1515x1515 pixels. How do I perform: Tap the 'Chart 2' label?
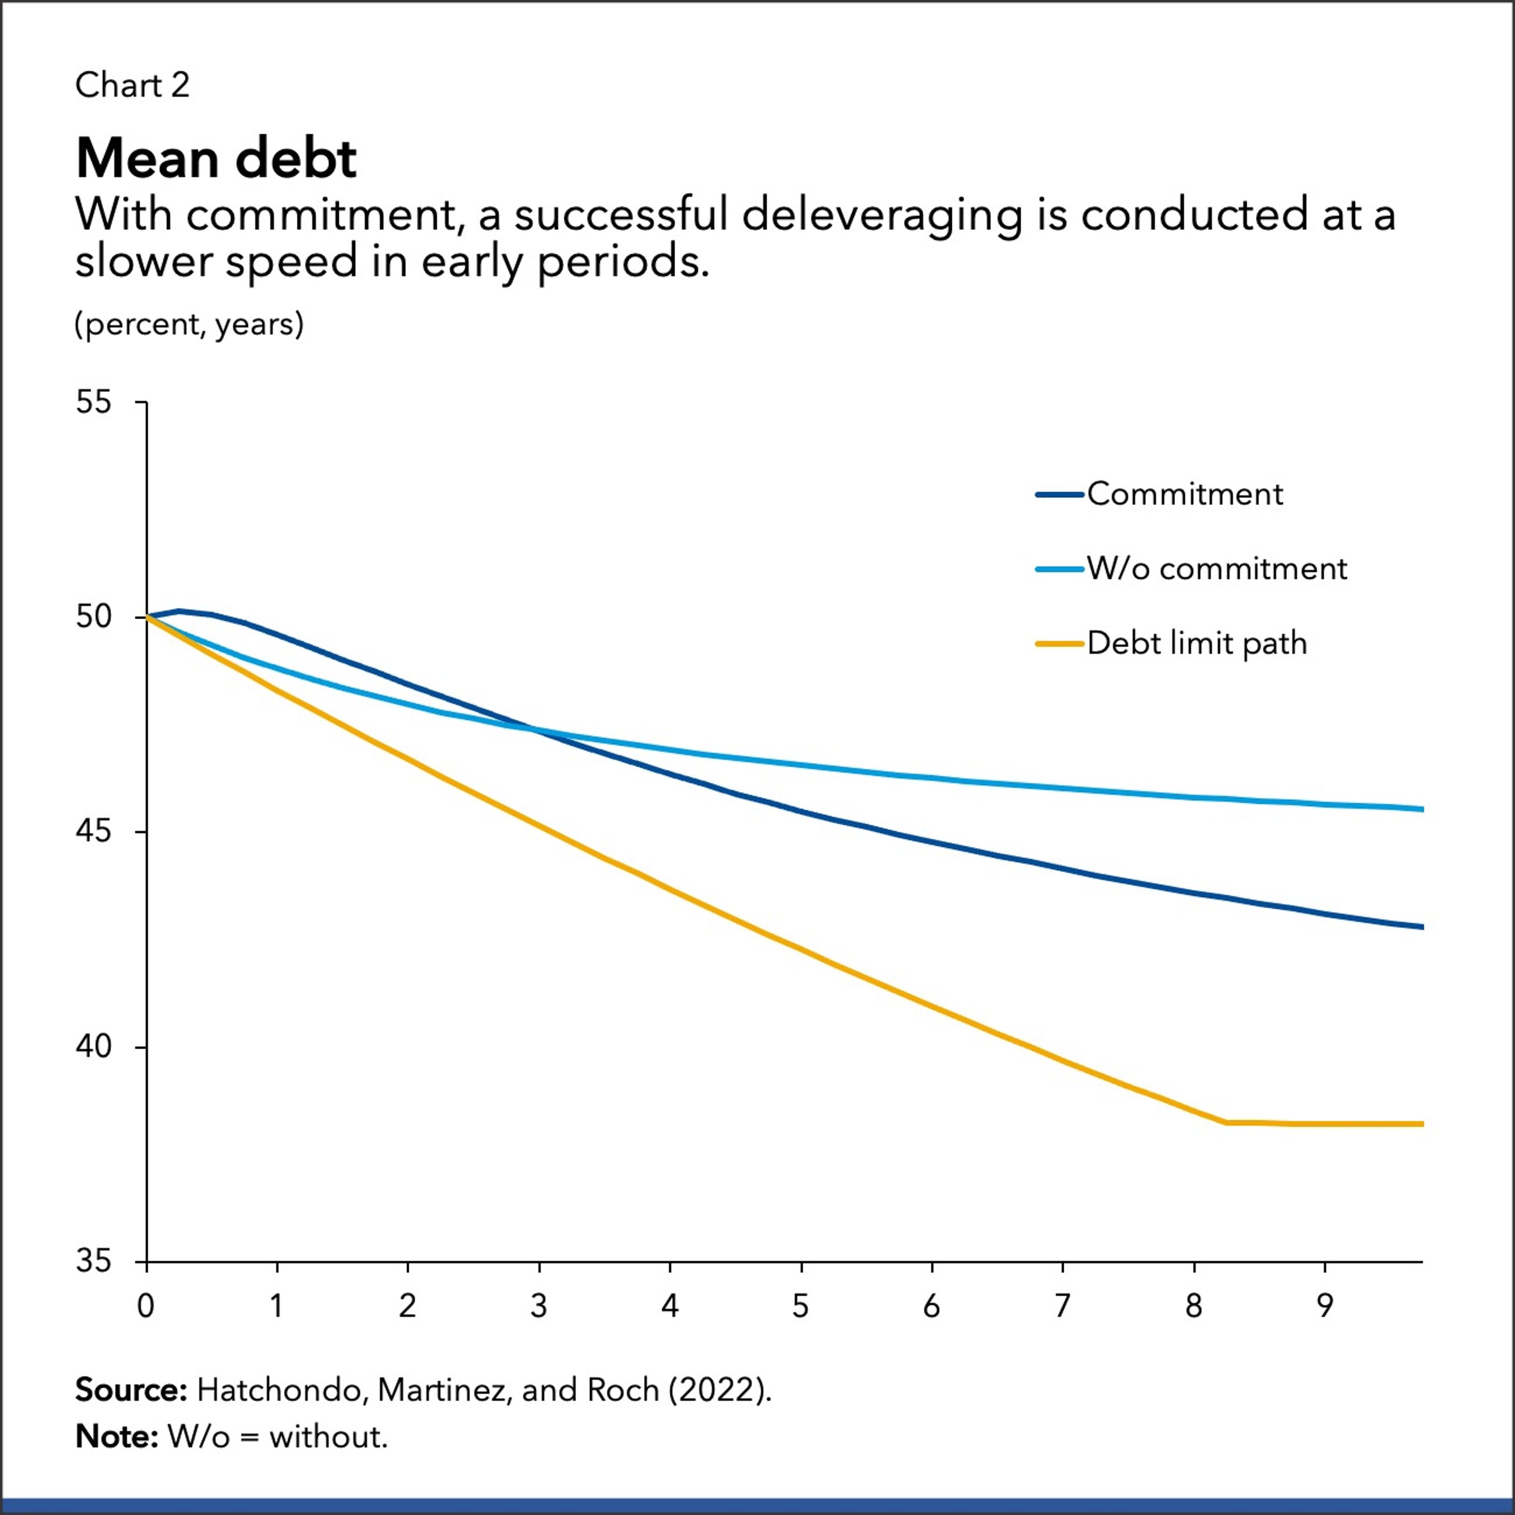[132, 84]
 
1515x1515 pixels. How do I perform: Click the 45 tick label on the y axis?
[94, 832]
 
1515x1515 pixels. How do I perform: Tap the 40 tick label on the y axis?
[94, 1047]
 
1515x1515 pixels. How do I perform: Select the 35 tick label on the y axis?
[94, 1262]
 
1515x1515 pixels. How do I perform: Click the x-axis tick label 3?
[539, 1306]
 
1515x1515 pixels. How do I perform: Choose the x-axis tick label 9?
[1324, 1306]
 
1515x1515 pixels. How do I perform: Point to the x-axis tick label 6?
[932, 1306]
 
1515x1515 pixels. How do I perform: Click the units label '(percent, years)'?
[189, 324]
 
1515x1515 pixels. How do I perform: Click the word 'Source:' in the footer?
[131, 1390]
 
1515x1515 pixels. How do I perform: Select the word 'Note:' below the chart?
[117, 1437]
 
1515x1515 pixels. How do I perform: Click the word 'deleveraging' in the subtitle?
[881, 215]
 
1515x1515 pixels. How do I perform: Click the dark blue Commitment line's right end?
[1422, 927]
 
